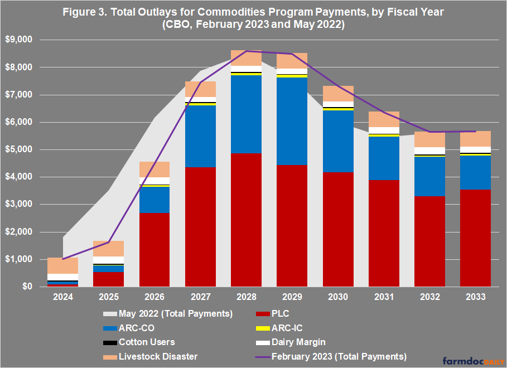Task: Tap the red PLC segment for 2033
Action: (475, 238)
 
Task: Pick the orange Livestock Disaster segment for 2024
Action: (62, 265)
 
